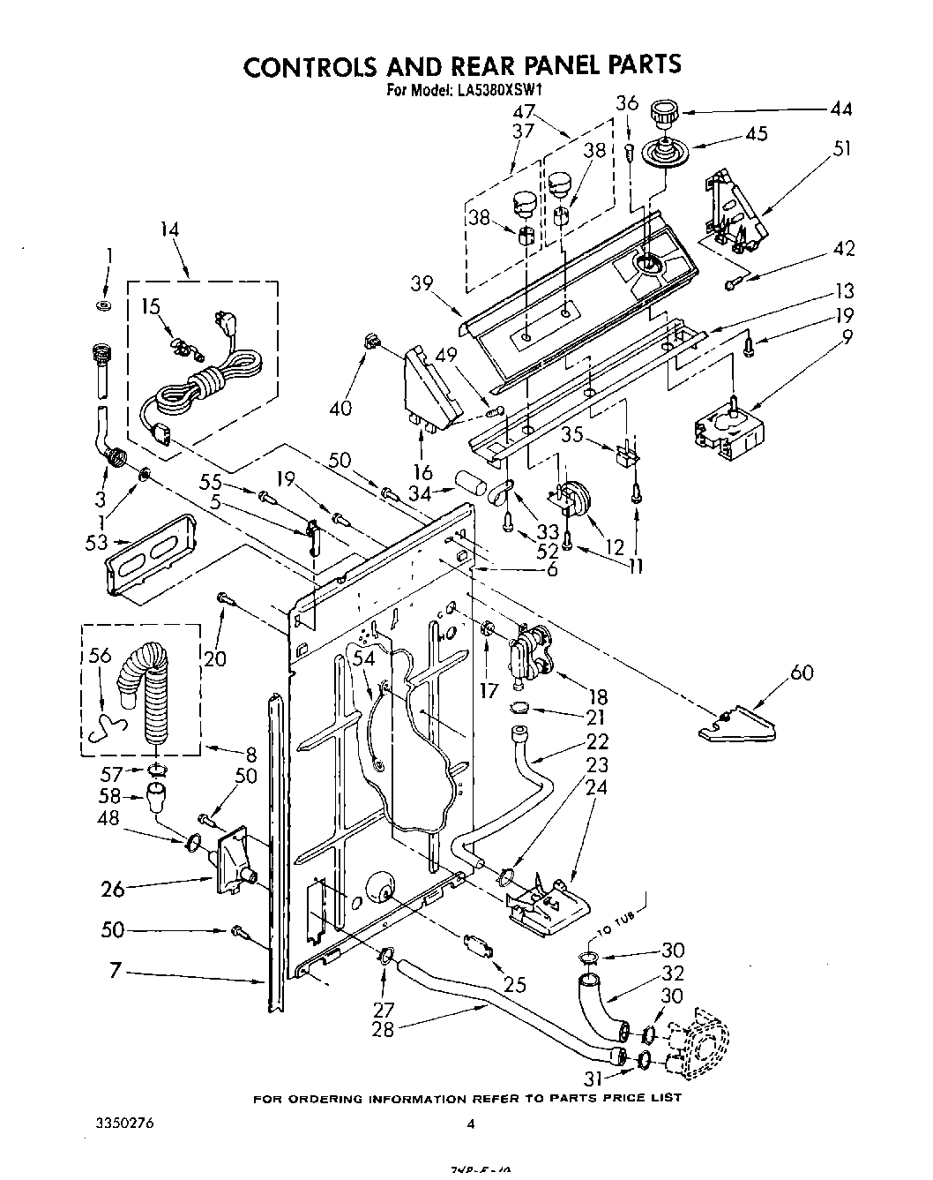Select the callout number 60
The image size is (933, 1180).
point(801,673)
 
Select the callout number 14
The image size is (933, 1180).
point(169,229)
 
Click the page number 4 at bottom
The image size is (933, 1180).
point(470,1124)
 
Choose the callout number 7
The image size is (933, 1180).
point(115,972)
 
